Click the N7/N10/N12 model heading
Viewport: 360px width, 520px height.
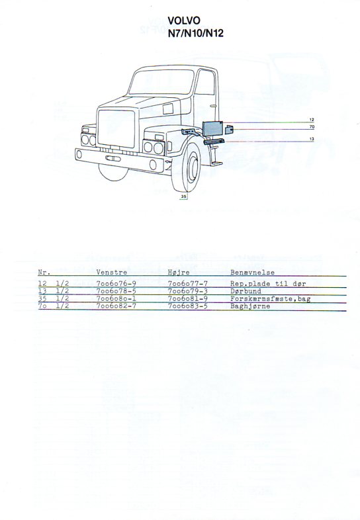(195, 33)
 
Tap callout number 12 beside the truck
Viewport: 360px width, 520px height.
(312, 120)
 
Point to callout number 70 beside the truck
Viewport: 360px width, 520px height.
(312, 126)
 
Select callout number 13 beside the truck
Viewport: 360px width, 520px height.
(312, 139)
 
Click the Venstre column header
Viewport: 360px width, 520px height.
(112, 273)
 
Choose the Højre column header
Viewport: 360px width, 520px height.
(179, 273)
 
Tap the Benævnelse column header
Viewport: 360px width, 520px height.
(253, 273)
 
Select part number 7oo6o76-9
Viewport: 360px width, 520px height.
(116, 284)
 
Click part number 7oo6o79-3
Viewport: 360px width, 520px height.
(188, 291)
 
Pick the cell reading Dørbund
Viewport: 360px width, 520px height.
(246, 291)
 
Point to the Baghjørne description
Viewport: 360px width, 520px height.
(250, 306)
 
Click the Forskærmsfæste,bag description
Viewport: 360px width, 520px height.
(271, 299)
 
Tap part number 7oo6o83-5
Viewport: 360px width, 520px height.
(188, 306)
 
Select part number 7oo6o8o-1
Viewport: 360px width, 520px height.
(116, 298)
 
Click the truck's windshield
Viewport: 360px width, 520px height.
(161, 82)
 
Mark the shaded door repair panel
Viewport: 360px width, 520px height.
(212, 128)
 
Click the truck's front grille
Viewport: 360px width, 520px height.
(116, 128)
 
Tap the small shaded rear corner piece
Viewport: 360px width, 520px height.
(229, 129)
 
